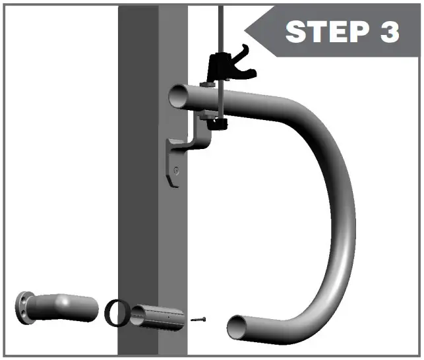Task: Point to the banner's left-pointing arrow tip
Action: pos(247,30)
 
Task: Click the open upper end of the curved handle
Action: pos(179,97)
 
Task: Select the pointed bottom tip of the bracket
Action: pos(176,188)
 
